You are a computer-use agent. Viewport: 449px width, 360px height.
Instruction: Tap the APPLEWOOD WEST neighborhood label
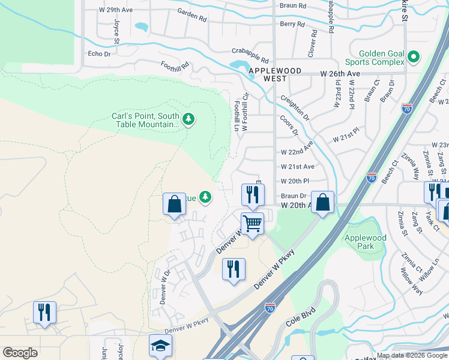(275, 71)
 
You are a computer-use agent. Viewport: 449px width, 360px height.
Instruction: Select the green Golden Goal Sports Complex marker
(413, 58)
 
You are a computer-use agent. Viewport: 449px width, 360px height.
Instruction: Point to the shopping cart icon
(253, 224)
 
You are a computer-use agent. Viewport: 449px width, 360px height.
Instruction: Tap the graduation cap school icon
(160, 346)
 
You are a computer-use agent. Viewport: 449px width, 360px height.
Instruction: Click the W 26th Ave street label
(339, 73)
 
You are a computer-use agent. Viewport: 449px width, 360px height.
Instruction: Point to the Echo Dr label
(100, 53)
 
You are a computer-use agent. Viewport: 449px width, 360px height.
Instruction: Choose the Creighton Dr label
(294, 106)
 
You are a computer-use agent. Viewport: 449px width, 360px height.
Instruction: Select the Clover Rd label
(312, 46)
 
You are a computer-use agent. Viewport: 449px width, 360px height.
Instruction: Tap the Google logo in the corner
(20, 353)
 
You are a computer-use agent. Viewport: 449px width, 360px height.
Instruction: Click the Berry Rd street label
(292, 25)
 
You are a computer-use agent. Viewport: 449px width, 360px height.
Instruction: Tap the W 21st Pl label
(346, 134)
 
